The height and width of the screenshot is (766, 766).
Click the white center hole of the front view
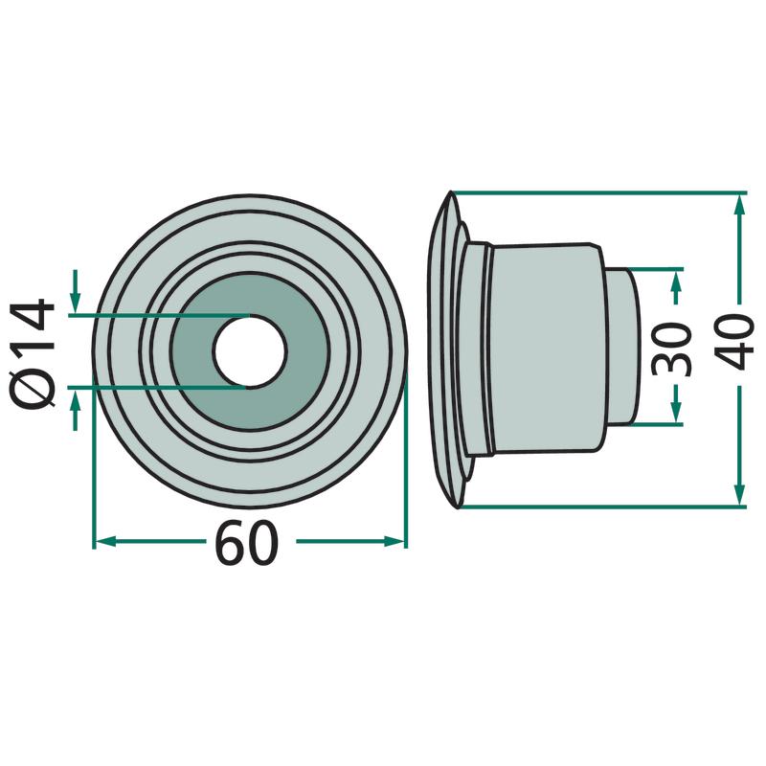(250, 351)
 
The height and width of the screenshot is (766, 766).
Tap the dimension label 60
(247, 543)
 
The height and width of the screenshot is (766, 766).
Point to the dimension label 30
(673, 349)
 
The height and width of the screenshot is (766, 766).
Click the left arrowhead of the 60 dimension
(104, 541)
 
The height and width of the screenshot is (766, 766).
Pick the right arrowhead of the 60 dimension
(394, 541)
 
